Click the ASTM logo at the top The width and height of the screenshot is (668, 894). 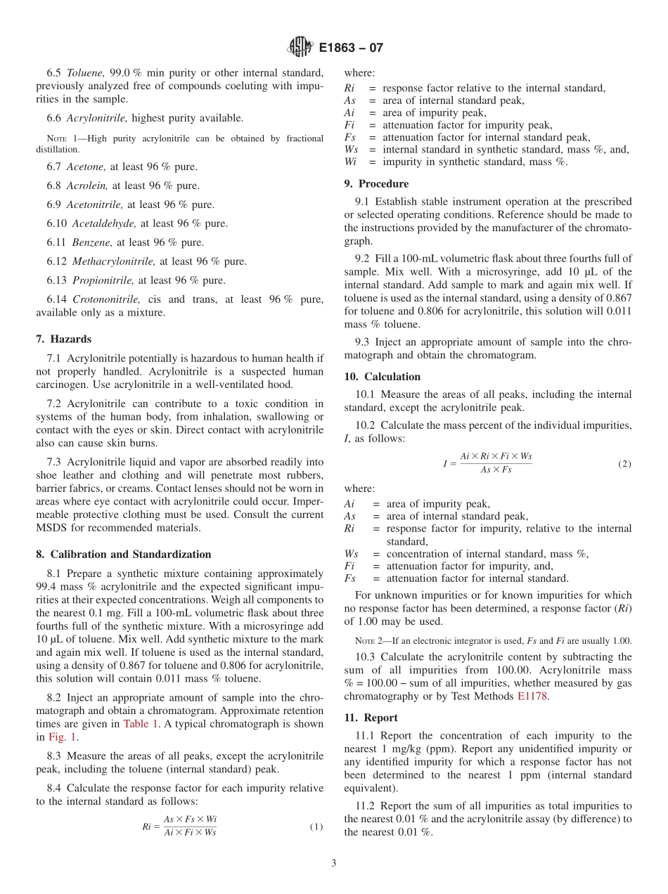[x=300, y=48]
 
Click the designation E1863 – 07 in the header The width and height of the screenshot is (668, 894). [x=351, y=48]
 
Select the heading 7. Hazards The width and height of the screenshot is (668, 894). [x=63, y=339]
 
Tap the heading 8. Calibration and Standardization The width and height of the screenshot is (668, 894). [x=123, y=555]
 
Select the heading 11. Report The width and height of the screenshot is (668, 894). [x=371, y=718]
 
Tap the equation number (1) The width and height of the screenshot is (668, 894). [x=316, y=827]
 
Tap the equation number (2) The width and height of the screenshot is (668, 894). [x=624, y=465]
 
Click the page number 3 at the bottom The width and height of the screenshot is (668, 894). [x=334, y=863]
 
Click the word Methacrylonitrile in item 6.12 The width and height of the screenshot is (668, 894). [x=113, y=261]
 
